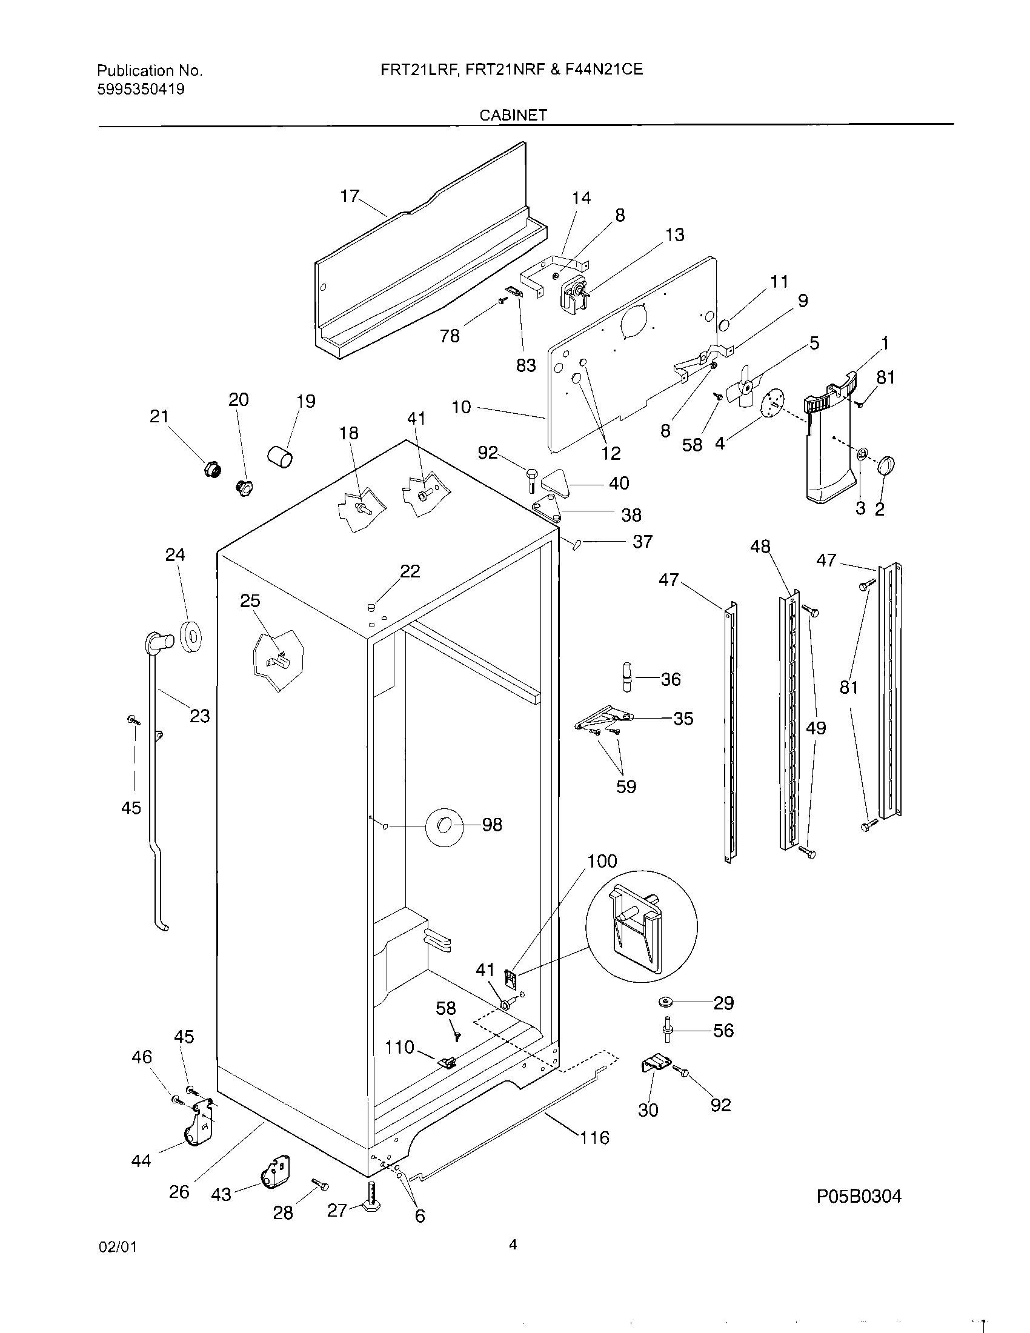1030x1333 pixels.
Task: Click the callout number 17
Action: pos(350,196)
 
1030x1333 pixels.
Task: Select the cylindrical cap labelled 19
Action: pos(280,456)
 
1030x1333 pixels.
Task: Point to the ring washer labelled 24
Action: pos(192,637)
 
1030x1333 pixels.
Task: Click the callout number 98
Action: pos(492,825)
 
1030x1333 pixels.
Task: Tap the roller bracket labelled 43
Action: pos(275,1171)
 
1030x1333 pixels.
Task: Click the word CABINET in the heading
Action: pos(513,115)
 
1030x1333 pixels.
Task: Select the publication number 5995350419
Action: pos(141,90)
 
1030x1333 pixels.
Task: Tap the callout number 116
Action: pos(594,1137)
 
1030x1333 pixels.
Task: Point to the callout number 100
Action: pos(602,861)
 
